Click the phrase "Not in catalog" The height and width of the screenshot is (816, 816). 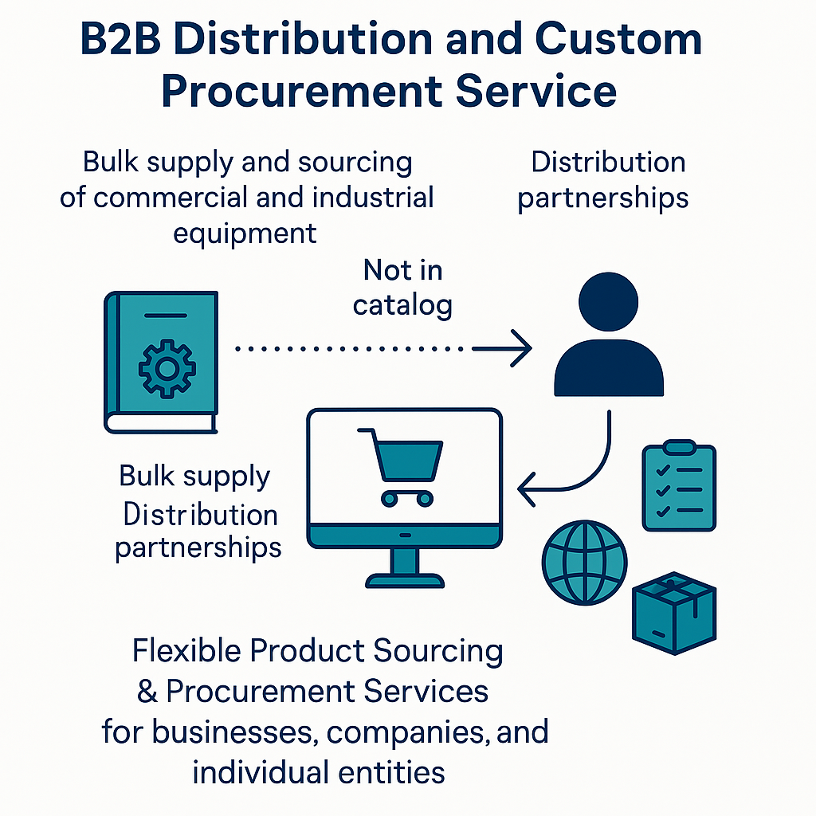[402, 287]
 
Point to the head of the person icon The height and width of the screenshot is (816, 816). [609, 303]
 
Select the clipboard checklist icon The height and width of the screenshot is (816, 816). [679, 486]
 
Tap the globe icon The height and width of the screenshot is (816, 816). [584, 563]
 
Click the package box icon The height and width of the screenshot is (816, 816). [674, 613]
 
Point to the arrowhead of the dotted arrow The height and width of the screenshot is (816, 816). [522, 349]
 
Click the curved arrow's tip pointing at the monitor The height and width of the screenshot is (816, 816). [526, 488]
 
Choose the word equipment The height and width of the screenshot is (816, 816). [245, 234]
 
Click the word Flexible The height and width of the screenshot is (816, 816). [186, 651]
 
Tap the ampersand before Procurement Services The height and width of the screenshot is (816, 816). [147, 691]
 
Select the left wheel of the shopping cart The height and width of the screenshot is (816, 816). [390, 498]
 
